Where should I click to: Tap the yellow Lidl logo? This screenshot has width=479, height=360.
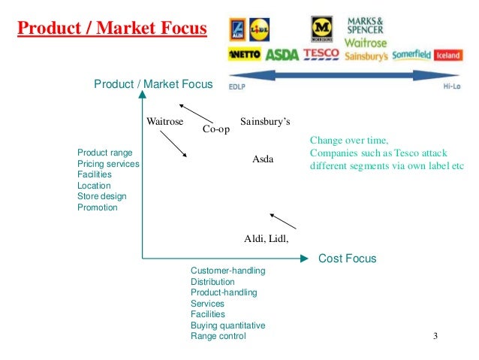click(259, 28)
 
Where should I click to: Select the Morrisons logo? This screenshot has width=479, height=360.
click(321, 29)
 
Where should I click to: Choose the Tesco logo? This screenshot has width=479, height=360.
click(321, 55)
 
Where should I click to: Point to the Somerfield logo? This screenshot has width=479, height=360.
click(411, 55)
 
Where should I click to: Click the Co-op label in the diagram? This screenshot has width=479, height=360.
click(216, 130)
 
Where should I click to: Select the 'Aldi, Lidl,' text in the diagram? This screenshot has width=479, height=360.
click(267, 239)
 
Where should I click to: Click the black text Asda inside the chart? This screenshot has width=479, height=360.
click(263, 159)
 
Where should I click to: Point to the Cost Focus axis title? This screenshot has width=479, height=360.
click(347, 259)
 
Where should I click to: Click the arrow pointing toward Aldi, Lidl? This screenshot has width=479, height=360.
click(283, 221)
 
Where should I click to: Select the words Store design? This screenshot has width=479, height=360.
click(101, 196)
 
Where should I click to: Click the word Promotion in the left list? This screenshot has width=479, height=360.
click(97, 207)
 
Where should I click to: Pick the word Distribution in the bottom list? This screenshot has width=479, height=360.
click(212, 282)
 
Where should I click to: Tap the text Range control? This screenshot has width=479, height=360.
click(218, 337)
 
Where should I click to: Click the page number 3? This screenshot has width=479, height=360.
click(435, 335)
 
